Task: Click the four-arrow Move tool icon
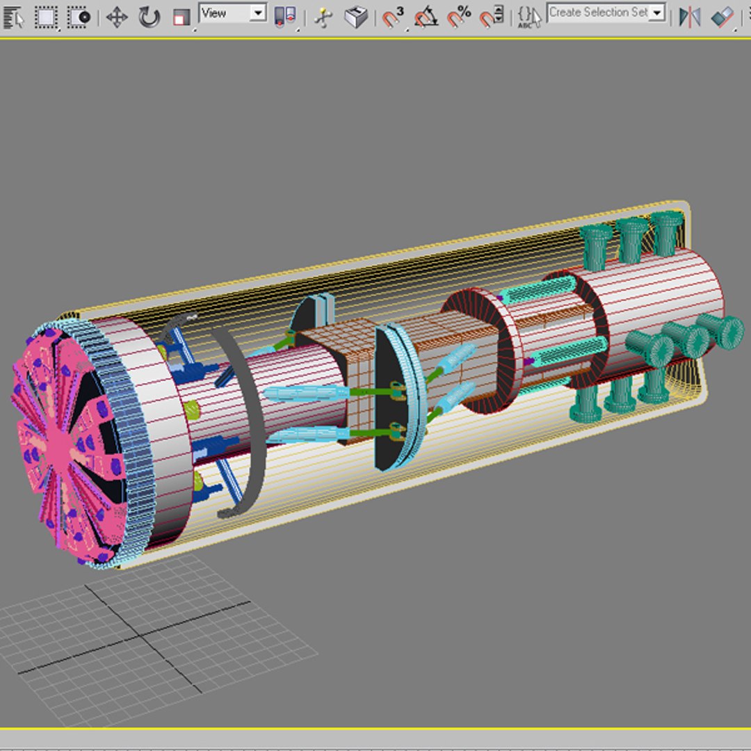(x=116, y=17)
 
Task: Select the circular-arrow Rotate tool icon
(x=149, y=17)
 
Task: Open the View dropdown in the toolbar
(x=232, y=13)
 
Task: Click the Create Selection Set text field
(x=598, y=13)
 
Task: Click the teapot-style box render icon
(x=356, y=17)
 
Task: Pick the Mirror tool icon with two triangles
(x=689, y=17)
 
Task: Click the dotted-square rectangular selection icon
(x=47, y=17)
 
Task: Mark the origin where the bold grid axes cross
(x=141, y=636)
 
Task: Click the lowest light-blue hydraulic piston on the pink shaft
(x=309, y=435)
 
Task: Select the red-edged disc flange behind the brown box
(x=480, y=351)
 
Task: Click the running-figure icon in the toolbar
(x=323, y=17)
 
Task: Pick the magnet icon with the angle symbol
(x=426, y=17)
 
